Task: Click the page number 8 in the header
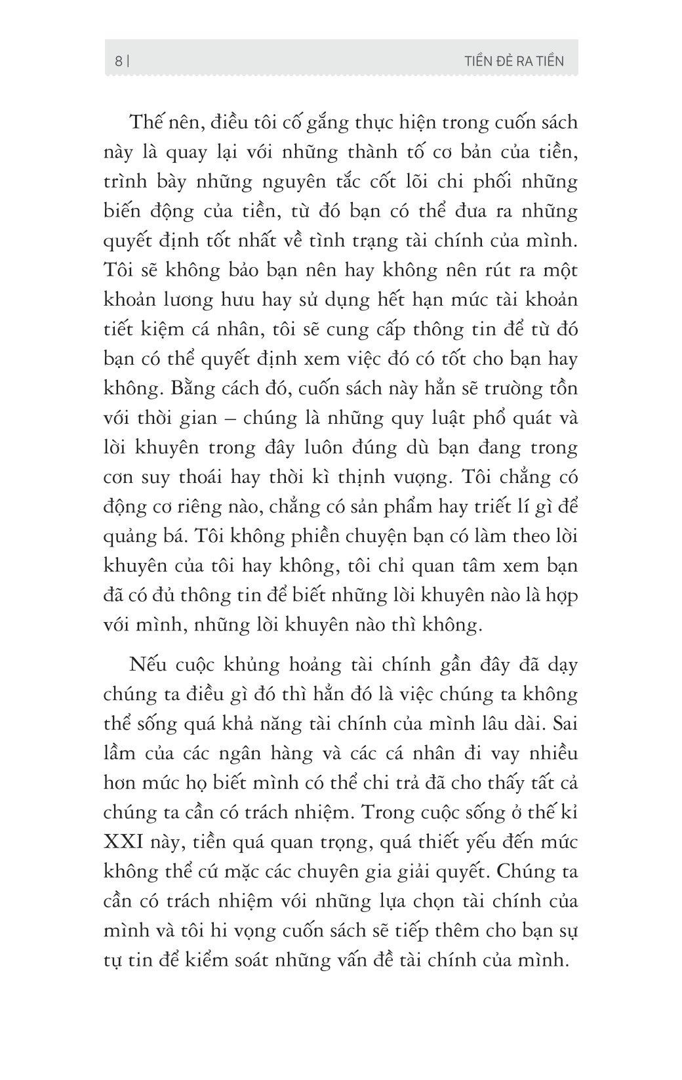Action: point(118,61)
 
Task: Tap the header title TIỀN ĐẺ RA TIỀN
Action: point(513,61)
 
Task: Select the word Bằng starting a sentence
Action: point(172,388)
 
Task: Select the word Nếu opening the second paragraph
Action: point(147,664)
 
